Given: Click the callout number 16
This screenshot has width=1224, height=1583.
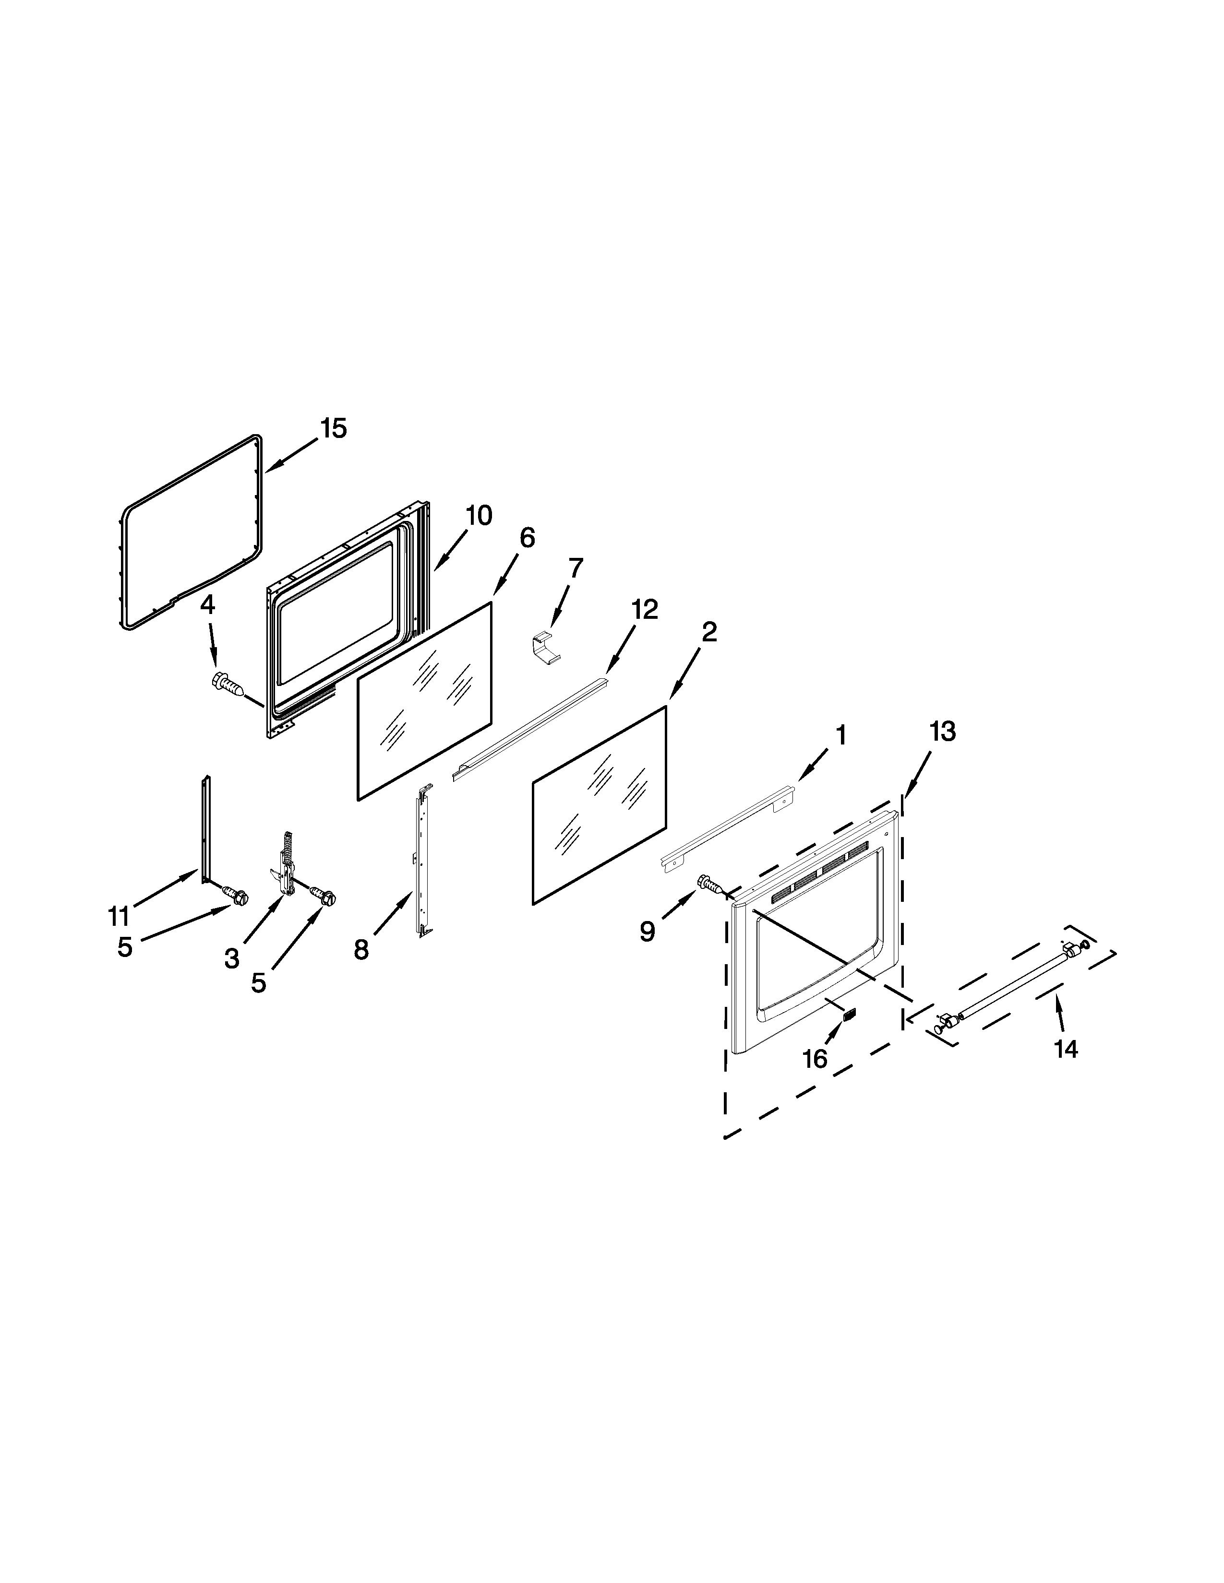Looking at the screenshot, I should (815, 1059).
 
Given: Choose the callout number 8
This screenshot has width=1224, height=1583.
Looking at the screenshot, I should (361, 949).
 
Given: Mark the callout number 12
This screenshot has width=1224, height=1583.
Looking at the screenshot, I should (644, 610).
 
